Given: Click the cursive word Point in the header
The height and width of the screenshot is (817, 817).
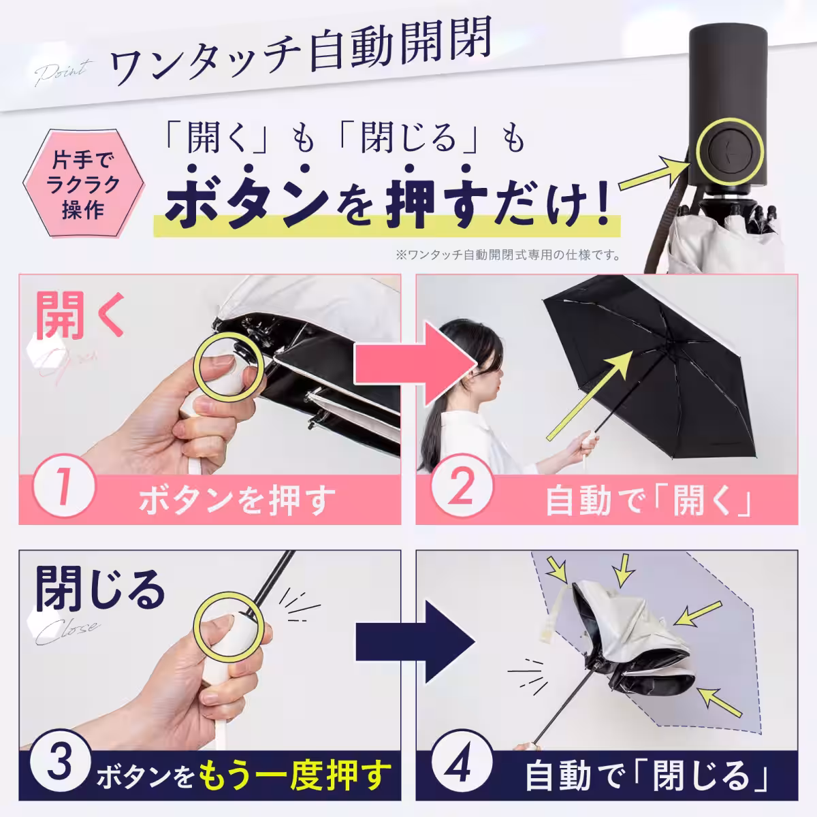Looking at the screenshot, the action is [63, 72].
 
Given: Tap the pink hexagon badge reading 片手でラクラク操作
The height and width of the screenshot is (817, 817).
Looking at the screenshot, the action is [83, 183].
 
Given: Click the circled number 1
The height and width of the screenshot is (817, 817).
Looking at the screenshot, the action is [63, 485].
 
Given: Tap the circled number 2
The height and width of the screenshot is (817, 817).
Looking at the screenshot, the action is [462, 485].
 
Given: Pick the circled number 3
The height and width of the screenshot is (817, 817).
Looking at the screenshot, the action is [61, 762].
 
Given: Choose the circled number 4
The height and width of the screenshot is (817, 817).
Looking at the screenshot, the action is [462, 761].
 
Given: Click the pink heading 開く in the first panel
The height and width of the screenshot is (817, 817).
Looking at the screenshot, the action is [79, 315].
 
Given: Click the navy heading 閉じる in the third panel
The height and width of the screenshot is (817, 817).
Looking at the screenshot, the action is [100, 590].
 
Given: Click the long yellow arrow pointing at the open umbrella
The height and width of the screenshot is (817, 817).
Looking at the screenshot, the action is [588, 397].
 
